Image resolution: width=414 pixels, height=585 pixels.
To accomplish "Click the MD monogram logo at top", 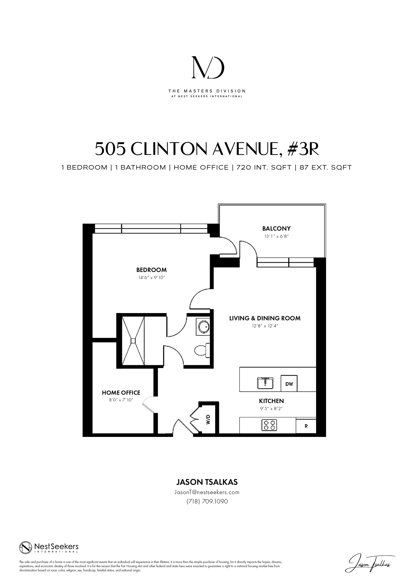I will pos(208,67).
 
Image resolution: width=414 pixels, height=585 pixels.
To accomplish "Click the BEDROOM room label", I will pos(151,270).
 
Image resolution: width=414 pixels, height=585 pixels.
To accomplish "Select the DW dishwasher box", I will pos(289,383).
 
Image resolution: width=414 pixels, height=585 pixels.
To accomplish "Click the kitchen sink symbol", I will pos(265,383).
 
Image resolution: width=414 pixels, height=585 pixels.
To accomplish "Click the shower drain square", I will pos(133,341).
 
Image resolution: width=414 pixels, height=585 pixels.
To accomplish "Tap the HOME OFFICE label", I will pos(121,393).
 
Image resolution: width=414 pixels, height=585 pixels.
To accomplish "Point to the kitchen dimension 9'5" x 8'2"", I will pos(271,409).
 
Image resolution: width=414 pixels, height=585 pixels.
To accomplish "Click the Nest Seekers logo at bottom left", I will pos(49,547).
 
